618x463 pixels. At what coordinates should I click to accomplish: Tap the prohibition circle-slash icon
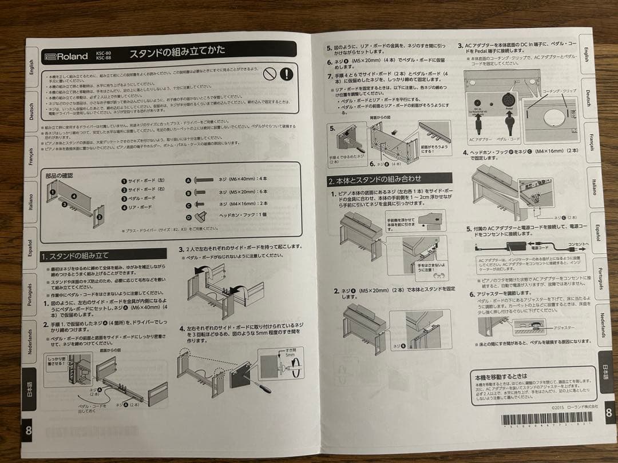pos(269,74)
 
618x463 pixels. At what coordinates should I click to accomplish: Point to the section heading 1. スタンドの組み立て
pos(75,256)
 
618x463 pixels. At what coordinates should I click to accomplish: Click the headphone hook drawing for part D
pos(200,216)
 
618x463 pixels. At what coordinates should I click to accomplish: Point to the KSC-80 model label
pos(102,53)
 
